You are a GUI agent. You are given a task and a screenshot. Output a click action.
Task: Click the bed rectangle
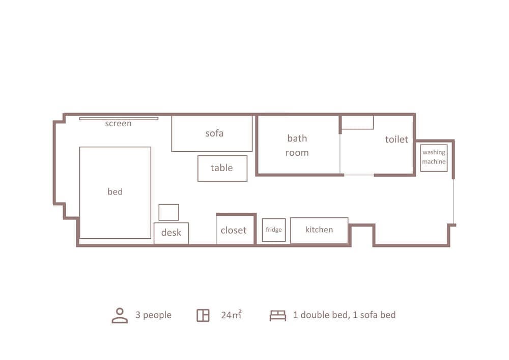tap(115, 192)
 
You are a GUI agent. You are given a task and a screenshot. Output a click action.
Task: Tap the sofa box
tap(212, 133)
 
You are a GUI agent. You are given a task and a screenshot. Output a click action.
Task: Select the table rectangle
tap(222, 168)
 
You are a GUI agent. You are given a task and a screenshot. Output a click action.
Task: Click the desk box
tap(171, 233)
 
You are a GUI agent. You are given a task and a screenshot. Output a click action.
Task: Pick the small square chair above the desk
tap(169, 212)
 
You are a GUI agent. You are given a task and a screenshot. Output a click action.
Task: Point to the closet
tap(235, 229)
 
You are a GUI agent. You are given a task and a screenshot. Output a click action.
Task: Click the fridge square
tap(274, 230)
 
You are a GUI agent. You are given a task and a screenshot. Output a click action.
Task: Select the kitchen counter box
tap(319, 230)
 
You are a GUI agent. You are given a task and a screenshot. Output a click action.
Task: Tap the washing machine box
tap(434, 158)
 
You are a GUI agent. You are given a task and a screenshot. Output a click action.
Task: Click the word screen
tap(118, 124)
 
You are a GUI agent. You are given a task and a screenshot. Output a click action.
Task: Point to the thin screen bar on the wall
tap(119, 119)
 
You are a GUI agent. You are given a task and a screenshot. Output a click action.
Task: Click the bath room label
tap(297, 146)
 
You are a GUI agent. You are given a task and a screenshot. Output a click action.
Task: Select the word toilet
tap(397, 139)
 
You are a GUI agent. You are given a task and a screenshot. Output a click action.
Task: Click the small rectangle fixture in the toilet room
tap(357, 122)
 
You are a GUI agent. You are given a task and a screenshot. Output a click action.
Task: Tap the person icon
tap(120, 316)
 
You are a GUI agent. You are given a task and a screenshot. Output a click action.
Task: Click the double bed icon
tap(278, 316)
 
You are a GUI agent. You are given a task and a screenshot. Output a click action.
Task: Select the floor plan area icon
tap(203, 316)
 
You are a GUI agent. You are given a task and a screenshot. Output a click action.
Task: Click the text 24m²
tap(231, 315)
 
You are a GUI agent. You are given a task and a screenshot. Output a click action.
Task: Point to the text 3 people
tap(153, 315)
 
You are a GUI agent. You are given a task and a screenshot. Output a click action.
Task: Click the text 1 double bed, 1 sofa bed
tap(345, 315)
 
